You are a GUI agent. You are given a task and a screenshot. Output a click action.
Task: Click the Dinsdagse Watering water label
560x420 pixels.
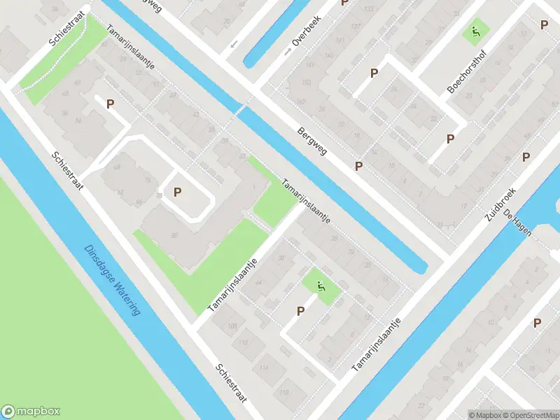pyautogui.click(x=112, y=280)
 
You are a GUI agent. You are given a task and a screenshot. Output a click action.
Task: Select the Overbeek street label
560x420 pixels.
pyautogui.click(x=307, y=31)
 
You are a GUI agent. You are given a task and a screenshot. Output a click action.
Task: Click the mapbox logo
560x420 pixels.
pyautogui.click(x=31, y=412)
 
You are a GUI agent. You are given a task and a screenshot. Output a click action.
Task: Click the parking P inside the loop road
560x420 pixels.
pyautogui.click(x=178, y=191)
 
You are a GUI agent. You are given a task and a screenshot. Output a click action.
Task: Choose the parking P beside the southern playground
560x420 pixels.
pyautogui.click(x=301, y=311)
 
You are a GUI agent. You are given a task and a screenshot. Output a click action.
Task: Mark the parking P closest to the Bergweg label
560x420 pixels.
pyautogui.click(x=359, y=166)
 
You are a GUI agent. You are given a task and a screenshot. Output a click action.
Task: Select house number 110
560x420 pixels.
pyautogui.click(x=243, y=342)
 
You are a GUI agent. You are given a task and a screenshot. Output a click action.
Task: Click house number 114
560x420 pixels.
pyautogui.click(x=263, y=368)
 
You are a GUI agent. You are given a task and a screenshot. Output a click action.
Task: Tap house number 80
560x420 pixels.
pyautogui.click(x=174, y=235)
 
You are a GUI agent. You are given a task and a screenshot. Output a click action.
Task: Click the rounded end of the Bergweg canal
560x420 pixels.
pyautogui.click(x=421, y=267)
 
